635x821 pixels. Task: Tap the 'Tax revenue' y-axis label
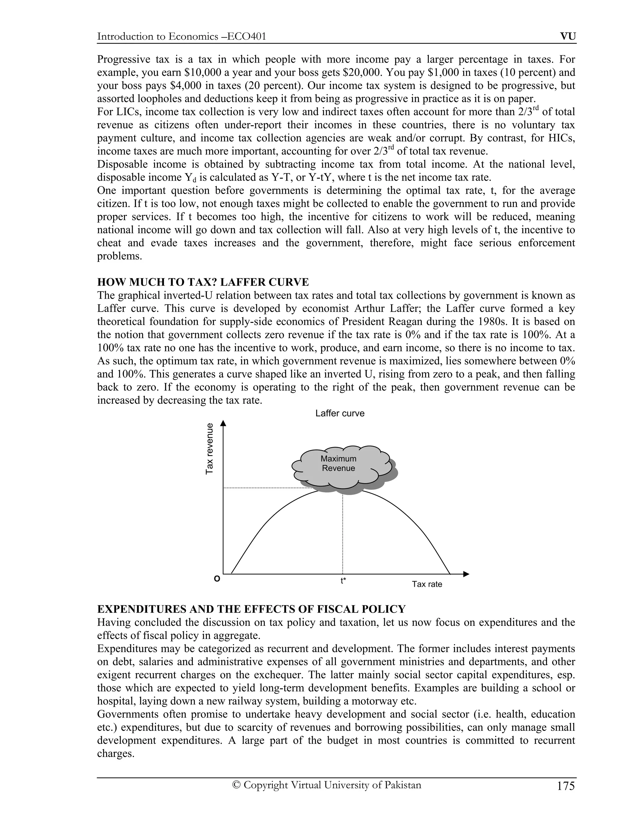[210, 449]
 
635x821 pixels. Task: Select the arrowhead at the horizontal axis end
[466, 574]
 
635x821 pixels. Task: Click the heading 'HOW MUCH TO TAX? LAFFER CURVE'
[203, 282]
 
